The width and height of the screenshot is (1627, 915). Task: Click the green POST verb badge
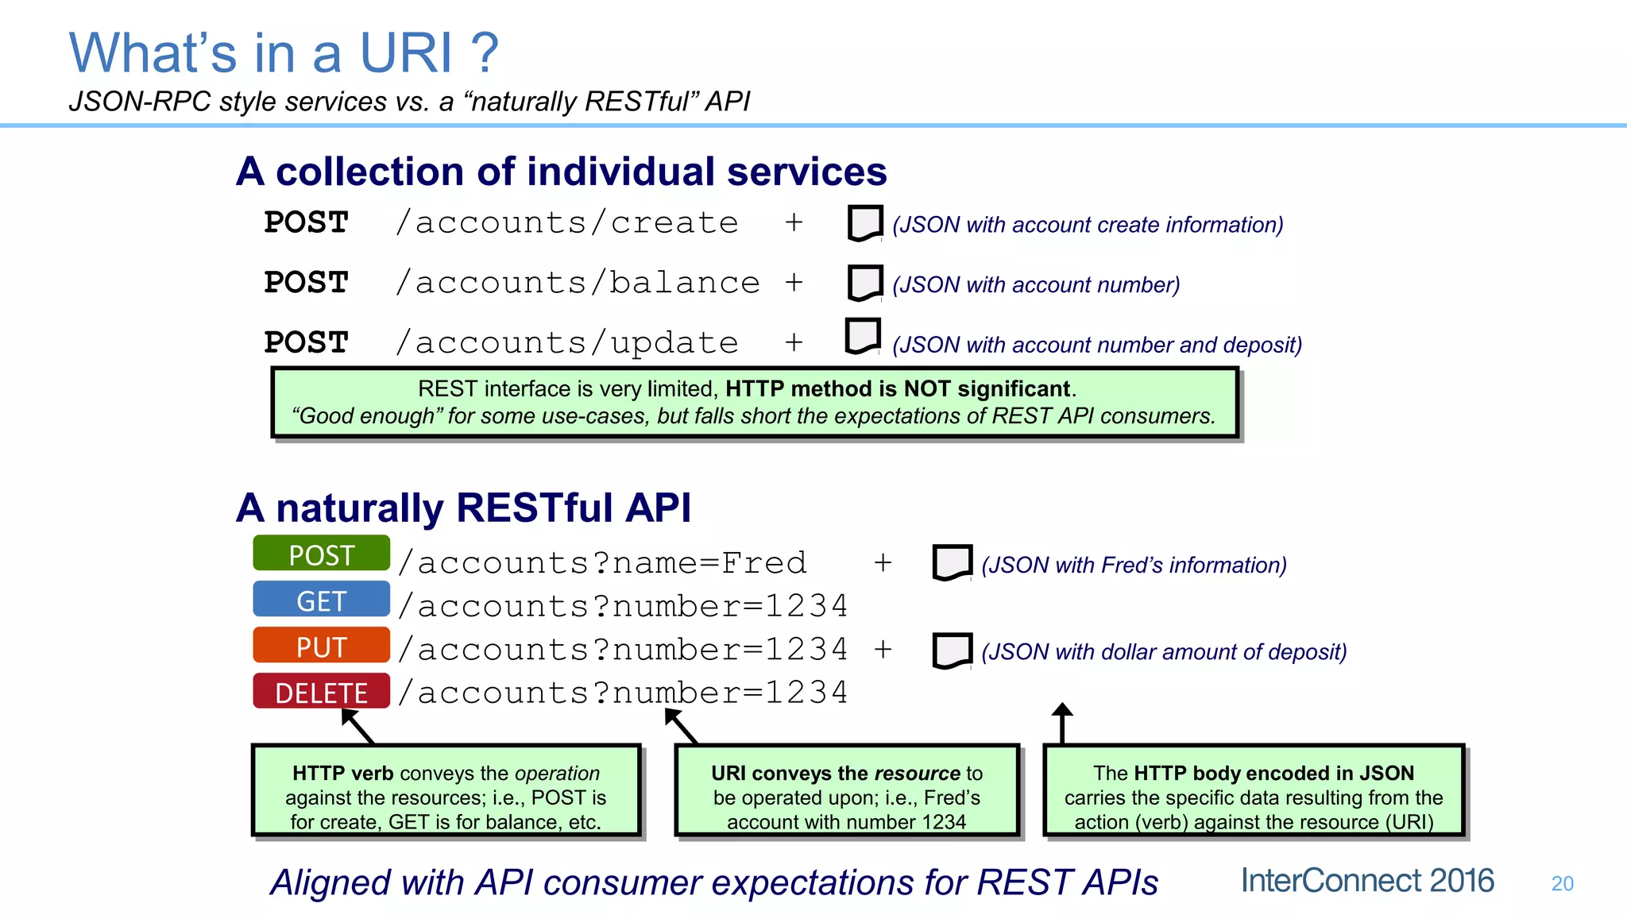pos(321,554)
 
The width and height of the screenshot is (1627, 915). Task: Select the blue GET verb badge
pos(321,600)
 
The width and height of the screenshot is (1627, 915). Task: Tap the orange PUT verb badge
pos(321,646)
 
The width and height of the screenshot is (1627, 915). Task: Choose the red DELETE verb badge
pos(321,692)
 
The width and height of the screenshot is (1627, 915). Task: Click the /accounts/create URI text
pos(567,222)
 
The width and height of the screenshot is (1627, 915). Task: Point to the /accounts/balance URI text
pos(578,283)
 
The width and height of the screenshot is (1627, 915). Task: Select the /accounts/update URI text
pos(567,343)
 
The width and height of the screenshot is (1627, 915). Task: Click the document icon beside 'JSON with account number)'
pos(865,283)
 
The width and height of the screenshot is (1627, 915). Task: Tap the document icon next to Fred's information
pos(952,563)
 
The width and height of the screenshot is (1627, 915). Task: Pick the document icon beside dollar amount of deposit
pos(952,651)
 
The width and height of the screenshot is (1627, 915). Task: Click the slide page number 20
pos(1562,883)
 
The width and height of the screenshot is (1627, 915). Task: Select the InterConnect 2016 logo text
pos(1367,881)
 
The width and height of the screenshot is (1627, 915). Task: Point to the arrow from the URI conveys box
pos(681,725)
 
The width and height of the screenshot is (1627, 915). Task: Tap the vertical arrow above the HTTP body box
pos(1062,722)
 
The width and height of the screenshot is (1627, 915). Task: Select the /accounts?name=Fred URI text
pos(602,563)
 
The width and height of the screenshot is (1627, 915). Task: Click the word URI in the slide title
pos(406,53)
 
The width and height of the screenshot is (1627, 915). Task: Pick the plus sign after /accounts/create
pos(793,222)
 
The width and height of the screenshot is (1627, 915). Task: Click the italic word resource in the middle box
pos(917,773)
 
